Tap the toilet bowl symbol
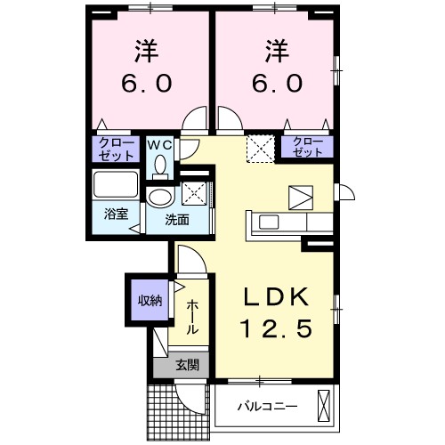click(161, 165)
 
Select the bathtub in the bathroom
click(115, 188)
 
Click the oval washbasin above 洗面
click(161, 198)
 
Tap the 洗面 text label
click(174, 219)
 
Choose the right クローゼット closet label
click(308, 147)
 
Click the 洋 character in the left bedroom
click(147, 49)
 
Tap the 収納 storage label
click(149, 300)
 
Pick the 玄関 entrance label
click(186, 364)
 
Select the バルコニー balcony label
click(267, 409)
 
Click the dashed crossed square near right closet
click(261, 147)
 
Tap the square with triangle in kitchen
click(300, 197)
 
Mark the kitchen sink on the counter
click(271, 222)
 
